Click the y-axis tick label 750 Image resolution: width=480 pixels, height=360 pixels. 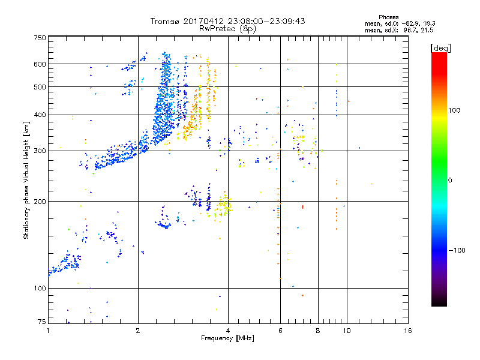click(x=40, y=38)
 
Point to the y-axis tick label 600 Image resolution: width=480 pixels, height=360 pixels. click(x=40, y=64)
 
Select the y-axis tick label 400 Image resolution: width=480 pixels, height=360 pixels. click(x=40, y=115)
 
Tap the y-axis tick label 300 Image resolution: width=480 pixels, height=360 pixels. click(x=40, y=151)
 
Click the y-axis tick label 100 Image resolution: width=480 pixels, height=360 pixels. click(x=40, y=288)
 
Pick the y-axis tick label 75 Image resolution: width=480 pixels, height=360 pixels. click(x=41, y=322)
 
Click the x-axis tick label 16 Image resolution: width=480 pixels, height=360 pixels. click(x=407, y=330)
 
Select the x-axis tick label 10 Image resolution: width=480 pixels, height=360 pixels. click(x=346, y=330)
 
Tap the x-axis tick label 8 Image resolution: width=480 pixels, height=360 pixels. click(x=318, y=330)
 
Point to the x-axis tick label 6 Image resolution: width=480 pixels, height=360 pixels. click(x=280, y=330)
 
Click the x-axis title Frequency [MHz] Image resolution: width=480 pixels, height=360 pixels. click(x=227, y=338)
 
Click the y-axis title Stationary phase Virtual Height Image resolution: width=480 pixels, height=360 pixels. click(x=26, y=180)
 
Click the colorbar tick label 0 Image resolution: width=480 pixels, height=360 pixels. click(x=450, y=180)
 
